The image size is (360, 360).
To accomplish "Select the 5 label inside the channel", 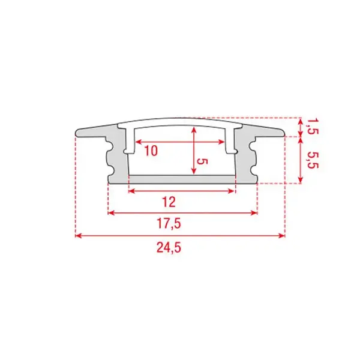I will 203,162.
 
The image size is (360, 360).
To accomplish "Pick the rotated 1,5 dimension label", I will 311,126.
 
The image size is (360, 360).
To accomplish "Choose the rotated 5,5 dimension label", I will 311,161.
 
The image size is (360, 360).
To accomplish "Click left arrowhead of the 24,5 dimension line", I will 78,236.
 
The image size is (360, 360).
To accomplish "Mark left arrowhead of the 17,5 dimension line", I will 110,212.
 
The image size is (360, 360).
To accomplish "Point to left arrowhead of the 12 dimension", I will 131,191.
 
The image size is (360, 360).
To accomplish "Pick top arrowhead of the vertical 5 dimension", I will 193,130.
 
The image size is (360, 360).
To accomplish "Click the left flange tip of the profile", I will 78,132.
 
